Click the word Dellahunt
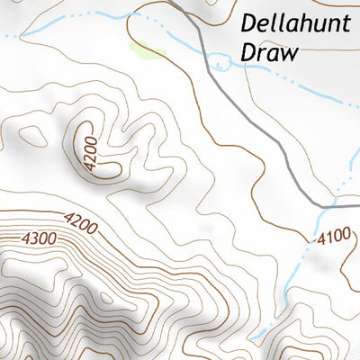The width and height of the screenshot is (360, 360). click(297, 24)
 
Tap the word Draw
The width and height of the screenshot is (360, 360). click(269, 53)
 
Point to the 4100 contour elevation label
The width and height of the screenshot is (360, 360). click(332, 238)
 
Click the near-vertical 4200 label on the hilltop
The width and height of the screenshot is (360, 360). click(87, 148)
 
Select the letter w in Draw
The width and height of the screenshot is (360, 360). click(288, 53)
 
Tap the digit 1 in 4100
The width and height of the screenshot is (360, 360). click(327, 238)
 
